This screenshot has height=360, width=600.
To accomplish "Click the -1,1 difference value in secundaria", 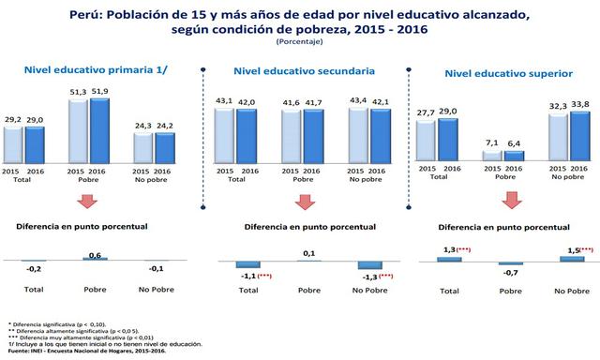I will point(248,277).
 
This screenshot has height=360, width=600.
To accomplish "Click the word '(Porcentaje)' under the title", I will point(299,41).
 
